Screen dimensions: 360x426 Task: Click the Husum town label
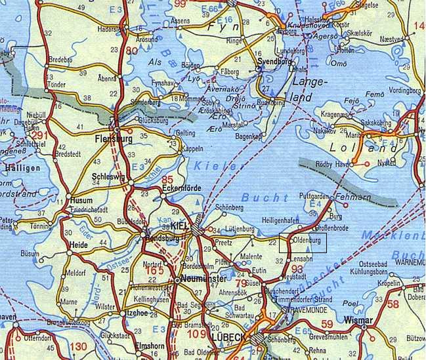[x=82, y=201]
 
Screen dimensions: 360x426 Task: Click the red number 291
[x=22, y=136]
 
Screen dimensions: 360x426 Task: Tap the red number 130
[x=77, y=346]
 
